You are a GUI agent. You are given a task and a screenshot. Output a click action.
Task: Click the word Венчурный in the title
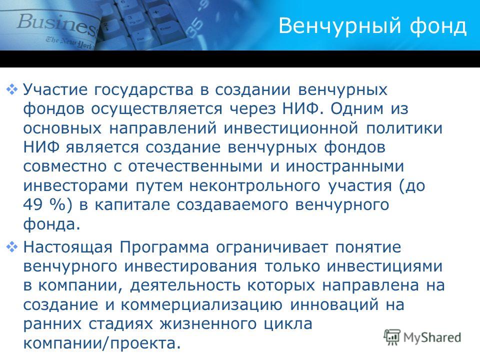tap(340, 26)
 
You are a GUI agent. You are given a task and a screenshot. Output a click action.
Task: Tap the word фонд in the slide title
tap(438, 26)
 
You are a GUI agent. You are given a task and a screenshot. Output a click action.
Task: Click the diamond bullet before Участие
tap(12, 89)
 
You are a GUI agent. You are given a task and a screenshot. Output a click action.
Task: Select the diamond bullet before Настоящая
tap(12, 247)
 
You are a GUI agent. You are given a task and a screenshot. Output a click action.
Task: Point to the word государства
tap(143, 90)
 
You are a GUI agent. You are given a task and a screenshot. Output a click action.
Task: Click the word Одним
tap(356, 109)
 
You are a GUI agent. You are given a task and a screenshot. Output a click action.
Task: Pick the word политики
tap(404, 128)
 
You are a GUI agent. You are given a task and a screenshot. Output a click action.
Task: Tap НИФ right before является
tap(41, 147)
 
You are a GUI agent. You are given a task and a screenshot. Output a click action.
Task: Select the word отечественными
tap(195, 166)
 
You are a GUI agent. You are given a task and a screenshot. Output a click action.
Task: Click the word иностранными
tap(345, 166)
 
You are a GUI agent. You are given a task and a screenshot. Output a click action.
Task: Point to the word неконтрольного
tap(254, 186)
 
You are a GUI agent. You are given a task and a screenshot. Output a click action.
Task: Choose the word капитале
tap(132, 205)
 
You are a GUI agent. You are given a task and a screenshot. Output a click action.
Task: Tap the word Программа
tap(164, 247)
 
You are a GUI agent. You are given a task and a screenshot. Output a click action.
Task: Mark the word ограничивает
tap(272, 247)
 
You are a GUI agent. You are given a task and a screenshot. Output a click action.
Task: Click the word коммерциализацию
tap(201, 305)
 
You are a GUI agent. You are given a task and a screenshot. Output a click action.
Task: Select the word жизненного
tap(208, 324)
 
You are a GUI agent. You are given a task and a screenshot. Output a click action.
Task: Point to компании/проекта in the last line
tap(102, 343)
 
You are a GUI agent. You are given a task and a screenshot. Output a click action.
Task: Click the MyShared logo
tap(422, 337)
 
